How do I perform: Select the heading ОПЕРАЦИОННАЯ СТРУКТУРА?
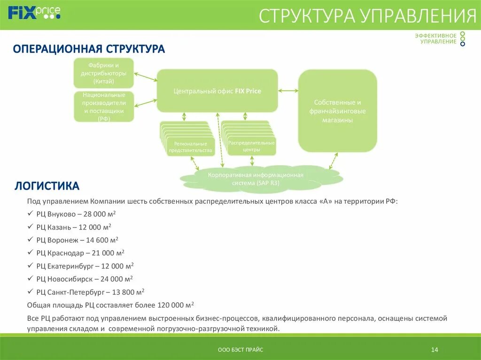(89, 49)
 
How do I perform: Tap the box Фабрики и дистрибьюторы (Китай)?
(103, 73)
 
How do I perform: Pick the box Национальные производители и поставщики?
(103, 107)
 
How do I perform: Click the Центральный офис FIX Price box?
(217, 91)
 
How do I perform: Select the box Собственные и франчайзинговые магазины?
(337, 111)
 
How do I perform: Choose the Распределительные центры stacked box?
(251, 146)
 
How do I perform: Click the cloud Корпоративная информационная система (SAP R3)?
(256, 179)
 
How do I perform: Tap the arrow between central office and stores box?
(288, 91)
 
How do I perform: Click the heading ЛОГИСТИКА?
(47, 186)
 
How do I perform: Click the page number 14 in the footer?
(434, 350)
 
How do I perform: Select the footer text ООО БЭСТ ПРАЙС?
(240, 350)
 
